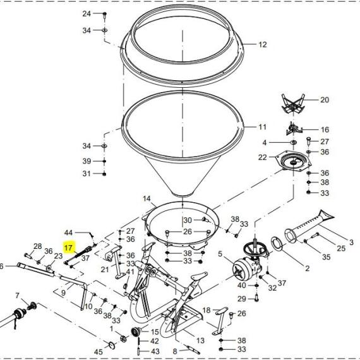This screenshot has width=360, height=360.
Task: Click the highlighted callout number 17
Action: click(68, 248)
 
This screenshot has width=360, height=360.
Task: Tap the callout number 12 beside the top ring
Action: click(263, 45)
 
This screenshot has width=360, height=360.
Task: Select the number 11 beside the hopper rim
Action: click(262, 127)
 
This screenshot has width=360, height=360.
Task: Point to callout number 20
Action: click(325, 100)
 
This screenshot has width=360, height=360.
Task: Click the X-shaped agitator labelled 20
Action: click(293, 104)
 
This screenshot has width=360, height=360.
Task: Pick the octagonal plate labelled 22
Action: click(294, 161)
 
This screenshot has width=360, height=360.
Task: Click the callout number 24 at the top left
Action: click(87, 14)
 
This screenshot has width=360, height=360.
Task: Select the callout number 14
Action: click(147, 198)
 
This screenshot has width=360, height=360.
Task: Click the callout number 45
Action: click(99, 352)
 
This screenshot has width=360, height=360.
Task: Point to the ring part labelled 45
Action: click(112, 345)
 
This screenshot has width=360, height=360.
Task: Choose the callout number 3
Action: click(351, 242)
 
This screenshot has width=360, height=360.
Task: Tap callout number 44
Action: click(68, 232)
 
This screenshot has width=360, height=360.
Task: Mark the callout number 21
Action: click(105, 269)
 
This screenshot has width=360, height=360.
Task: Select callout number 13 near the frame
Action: click(200, 340)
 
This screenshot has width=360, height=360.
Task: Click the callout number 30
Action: click(188, 220)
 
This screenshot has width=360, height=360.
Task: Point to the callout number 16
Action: click(325, 129)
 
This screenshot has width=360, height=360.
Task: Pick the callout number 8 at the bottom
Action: click(175, 352)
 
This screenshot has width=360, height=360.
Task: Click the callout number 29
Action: click(242, 299)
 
